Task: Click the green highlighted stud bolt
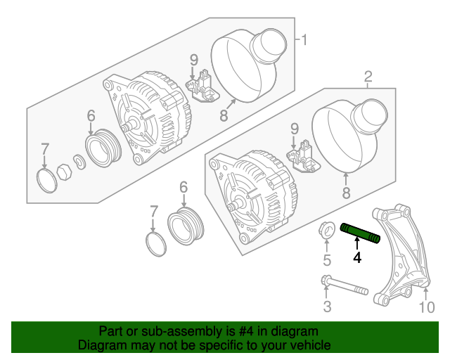click(360, 233)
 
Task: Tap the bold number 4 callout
click(357, 258)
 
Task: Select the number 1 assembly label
click(304, 39)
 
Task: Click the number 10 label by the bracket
click(427, 307)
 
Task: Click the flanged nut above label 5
click(327, 229)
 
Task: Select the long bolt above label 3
click(345, 287)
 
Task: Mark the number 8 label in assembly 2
click(346, 193)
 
